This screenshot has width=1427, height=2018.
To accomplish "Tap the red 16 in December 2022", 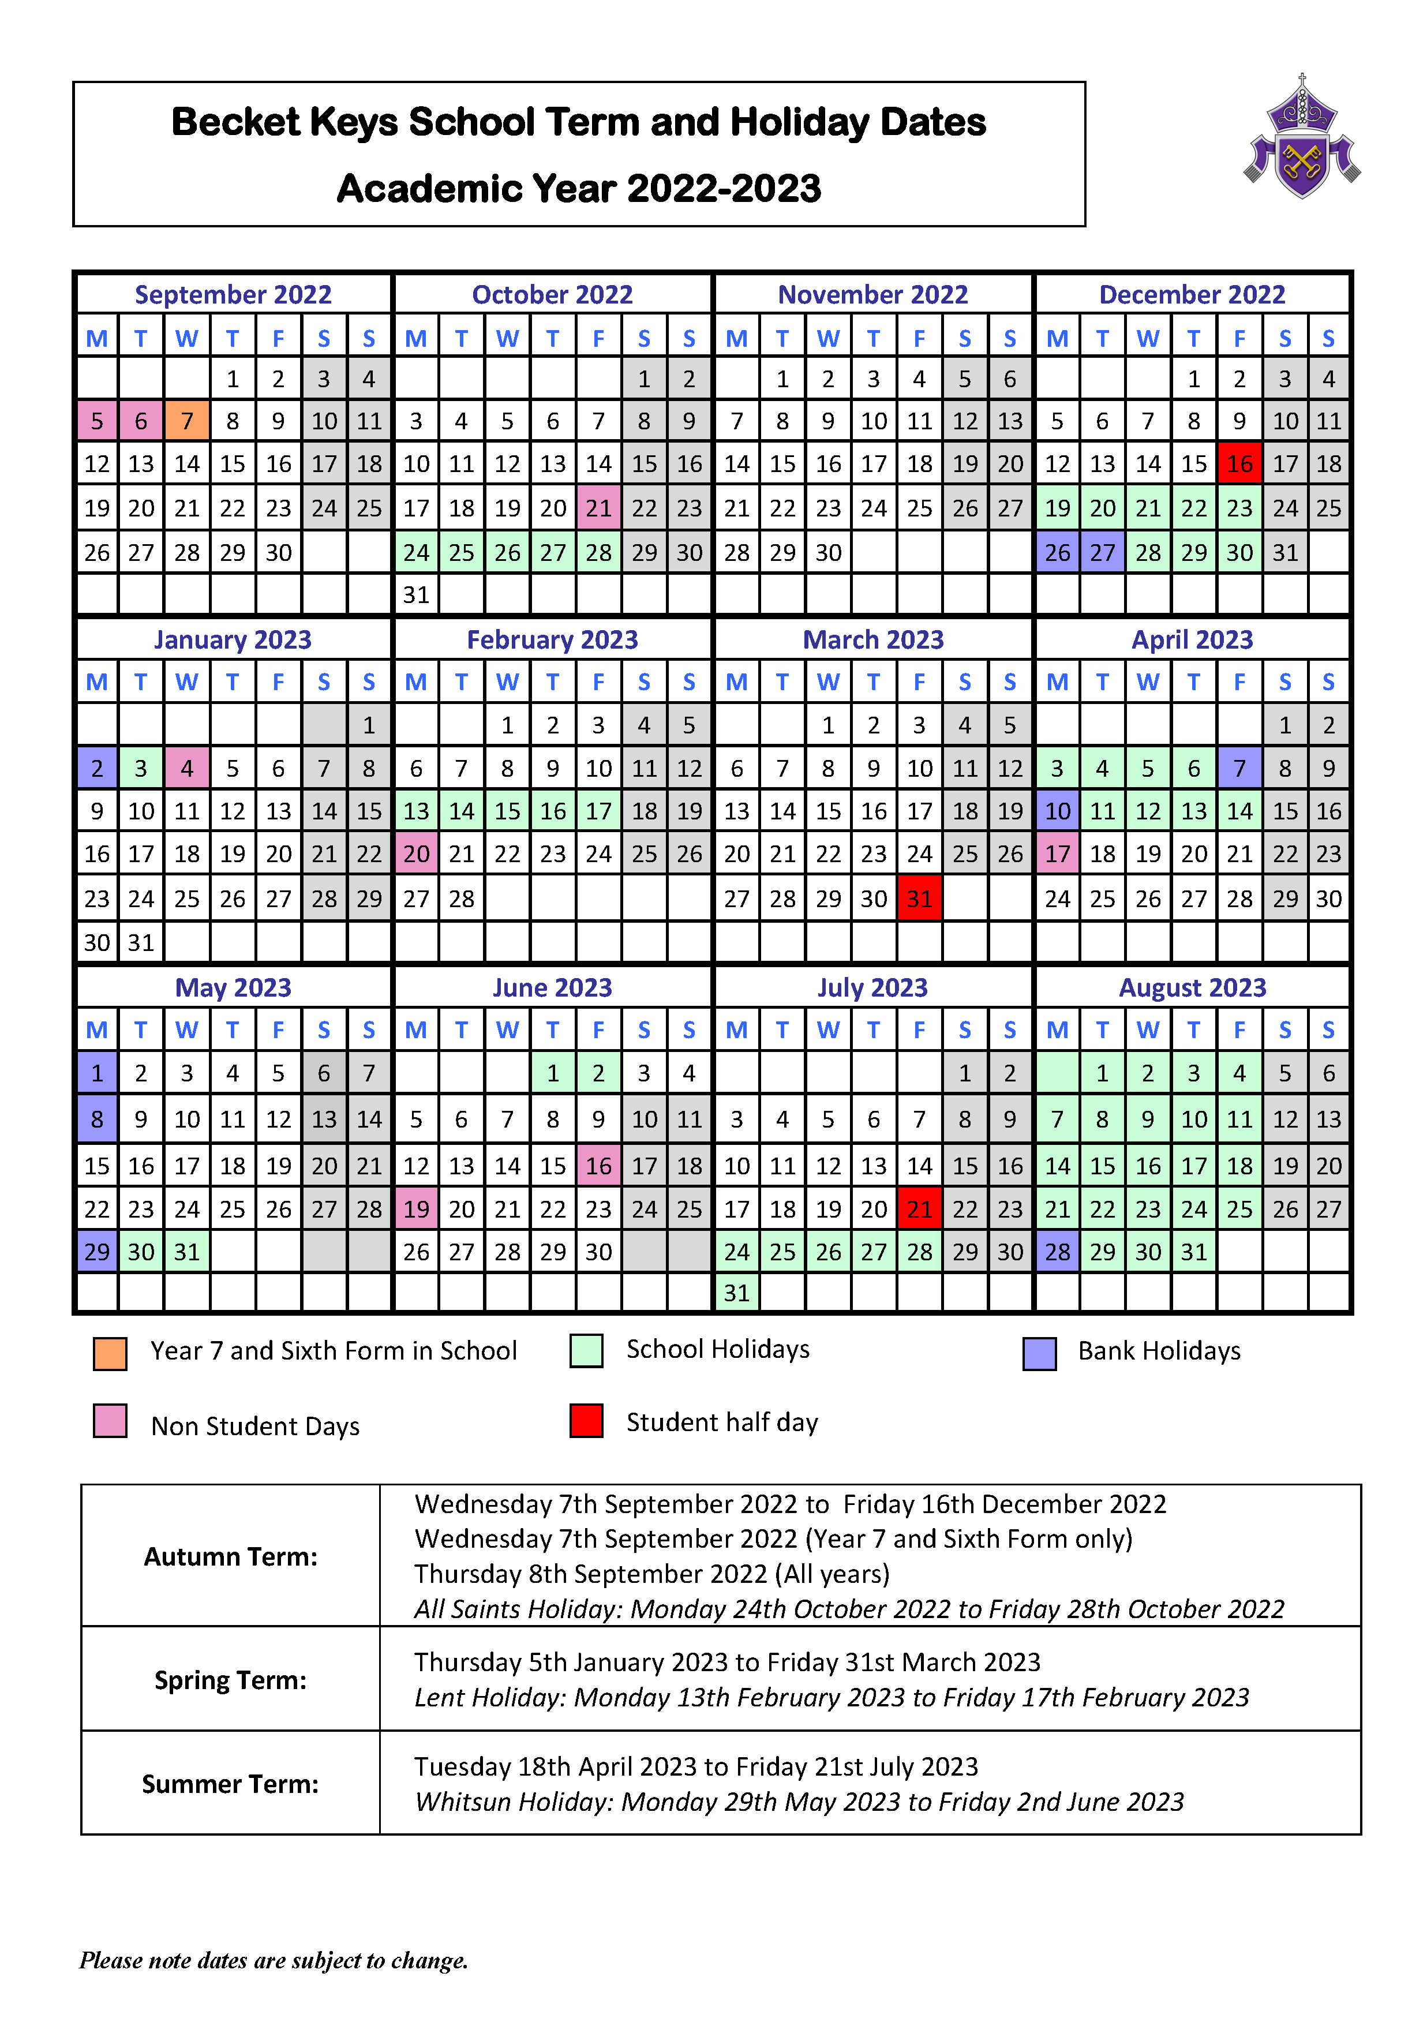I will point(1239,464).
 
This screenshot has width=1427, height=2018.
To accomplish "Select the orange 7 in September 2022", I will point(186,421).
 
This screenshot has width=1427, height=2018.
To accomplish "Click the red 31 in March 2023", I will point(919,898).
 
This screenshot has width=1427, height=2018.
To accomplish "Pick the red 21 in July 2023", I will point(919,1210).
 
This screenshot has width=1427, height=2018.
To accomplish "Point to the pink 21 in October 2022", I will point(598,508).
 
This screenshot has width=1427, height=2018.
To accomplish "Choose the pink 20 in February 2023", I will point(417,854).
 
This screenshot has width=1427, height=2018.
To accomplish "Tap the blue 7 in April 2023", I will point(1239,768).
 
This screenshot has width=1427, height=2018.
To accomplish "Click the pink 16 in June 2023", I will point(598,1166).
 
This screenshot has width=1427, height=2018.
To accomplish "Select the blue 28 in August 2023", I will point(1057,1252).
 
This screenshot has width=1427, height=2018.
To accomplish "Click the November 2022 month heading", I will point(872,294).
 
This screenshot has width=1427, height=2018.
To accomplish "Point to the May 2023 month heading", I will point(233,988).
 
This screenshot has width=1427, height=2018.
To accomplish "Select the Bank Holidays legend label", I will point(1159,1351).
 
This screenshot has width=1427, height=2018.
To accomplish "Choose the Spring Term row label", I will point(230,1680).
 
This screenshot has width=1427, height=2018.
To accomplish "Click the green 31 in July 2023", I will point(736,1293).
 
